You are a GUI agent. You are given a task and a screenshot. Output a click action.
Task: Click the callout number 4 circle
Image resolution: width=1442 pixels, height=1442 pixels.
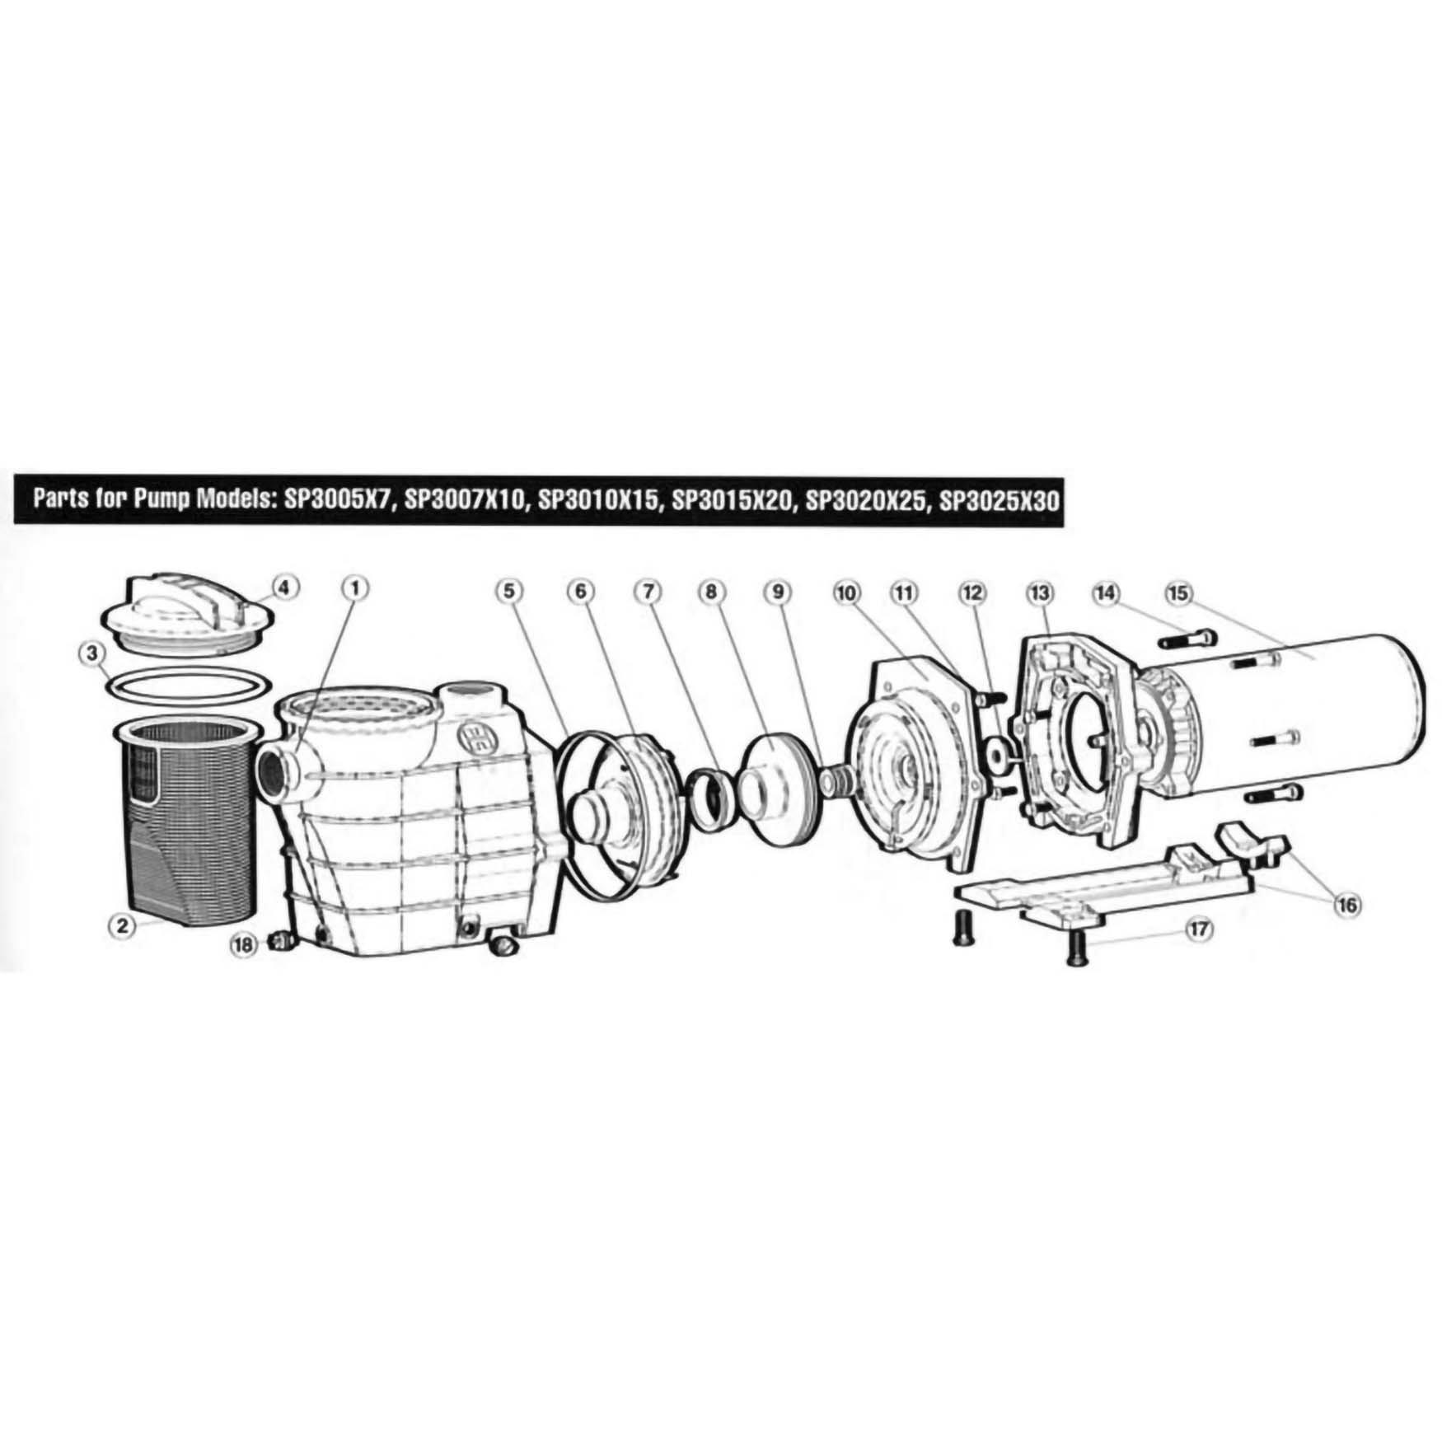tap(283, 588)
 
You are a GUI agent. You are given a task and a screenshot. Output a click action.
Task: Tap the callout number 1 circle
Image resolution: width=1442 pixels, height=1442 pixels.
tap(355, 588)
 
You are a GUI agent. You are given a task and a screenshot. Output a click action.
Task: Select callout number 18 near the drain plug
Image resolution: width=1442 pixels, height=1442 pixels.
tap(244, 946)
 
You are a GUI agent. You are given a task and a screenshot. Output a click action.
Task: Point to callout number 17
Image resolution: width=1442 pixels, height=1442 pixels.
tap(1199, 929)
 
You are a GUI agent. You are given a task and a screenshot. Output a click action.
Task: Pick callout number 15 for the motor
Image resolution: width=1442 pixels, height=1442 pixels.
tap(1178, 593)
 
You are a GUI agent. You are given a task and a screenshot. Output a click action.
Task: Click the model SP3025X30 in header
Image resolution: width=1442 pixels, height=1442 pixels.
tap(997, 500)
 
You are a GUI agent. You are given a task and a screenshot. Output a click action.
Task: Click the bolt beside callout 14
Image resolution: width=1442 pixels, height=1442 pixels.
tap(1187, 639)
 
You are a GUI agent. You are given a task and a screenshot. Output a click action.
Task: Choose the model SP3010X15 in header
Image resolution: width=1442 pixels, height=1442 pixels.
tap(599, 500)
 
